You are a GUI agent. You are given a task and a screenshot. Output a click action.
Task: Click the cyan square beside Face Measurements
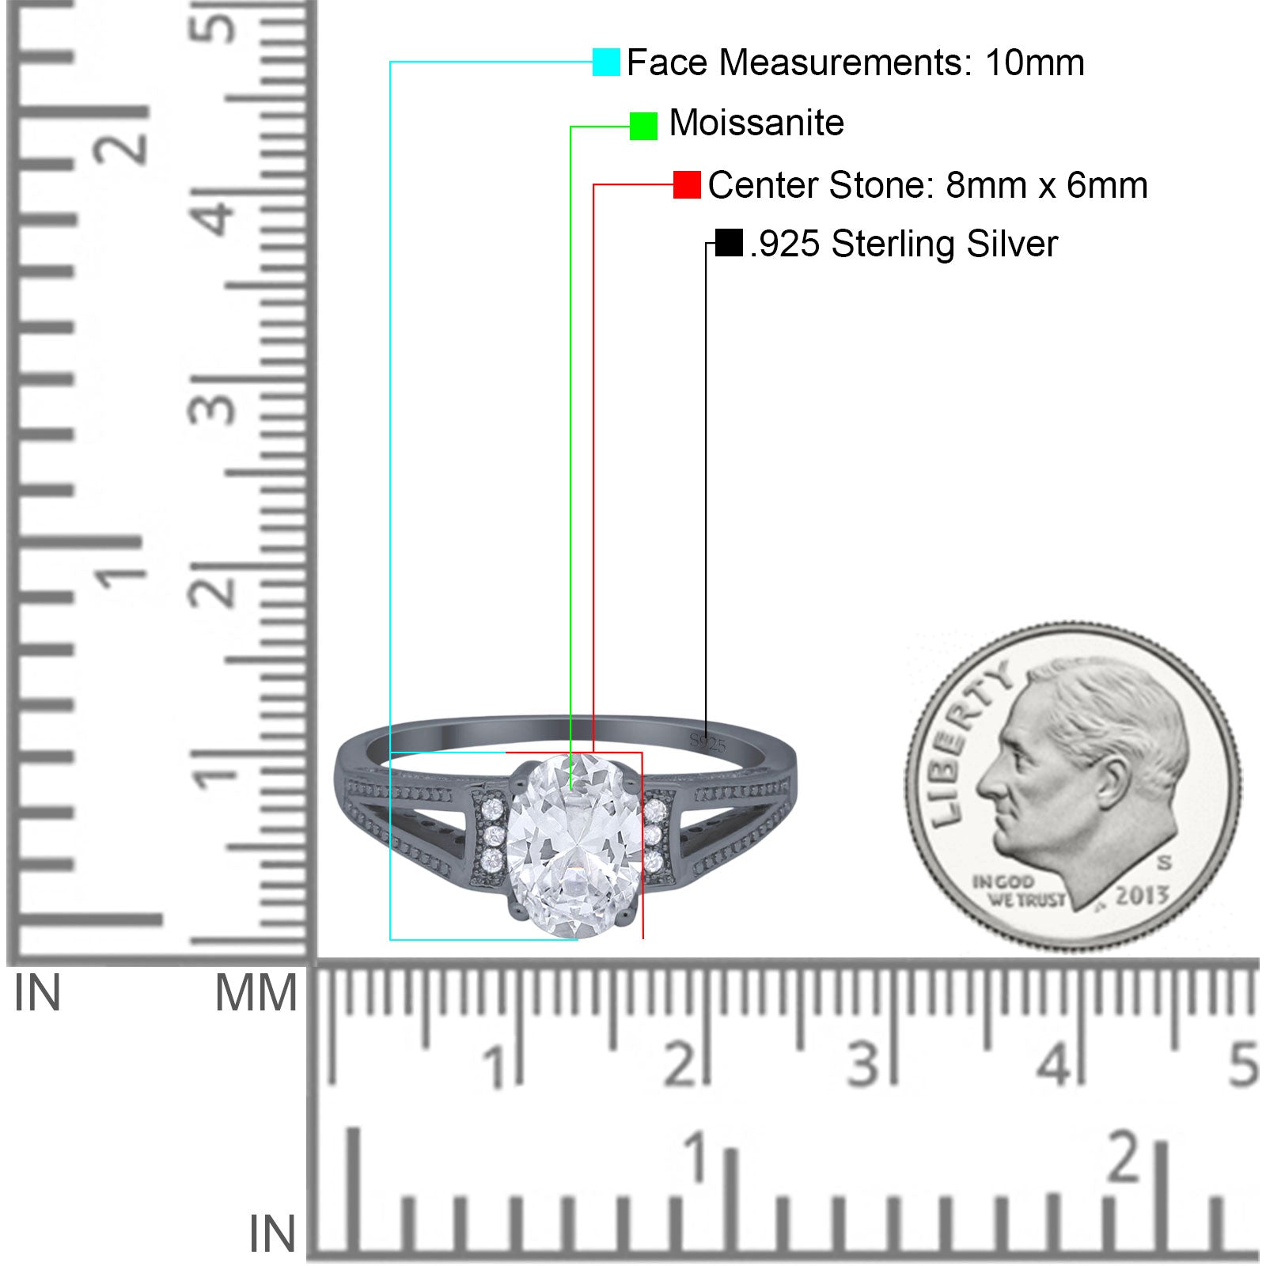[606, 62]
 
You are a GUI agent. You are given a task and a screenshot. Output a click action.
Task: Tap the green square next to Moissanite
[643, 126]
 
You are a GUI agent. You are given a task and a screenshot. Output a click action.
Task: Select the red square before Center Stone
[687, 184]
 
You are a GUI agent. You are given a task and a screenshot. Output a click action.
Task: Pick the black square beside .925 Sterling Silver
[729, 243]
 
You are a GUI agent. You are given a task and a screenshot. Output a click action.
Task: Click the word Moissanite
[756, 123]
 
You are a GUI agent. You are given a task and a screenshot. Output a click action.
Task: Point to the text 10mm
[1034, 63]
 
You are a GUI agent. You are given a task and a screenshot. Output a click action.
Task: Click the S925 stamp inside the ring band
[707, 742]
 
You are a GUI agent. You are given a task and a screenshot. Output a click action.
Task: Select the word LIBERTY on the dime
[968, 743]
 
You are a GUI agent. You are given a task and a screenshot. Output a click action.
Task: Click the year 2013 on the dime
[1141, 896]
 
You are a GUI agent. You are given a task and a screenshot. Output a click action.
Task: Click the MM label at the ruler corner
[256, 994]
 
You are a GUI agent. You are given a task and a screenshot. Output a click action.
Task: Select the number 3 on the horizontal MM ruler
[863, 1063]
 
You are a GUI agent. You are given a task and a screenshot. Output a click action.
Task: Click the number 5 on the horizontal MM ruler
[1243, 1063]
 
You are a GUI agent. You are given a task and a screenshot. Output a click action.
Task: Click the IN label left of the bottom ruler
[272, 1234]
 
